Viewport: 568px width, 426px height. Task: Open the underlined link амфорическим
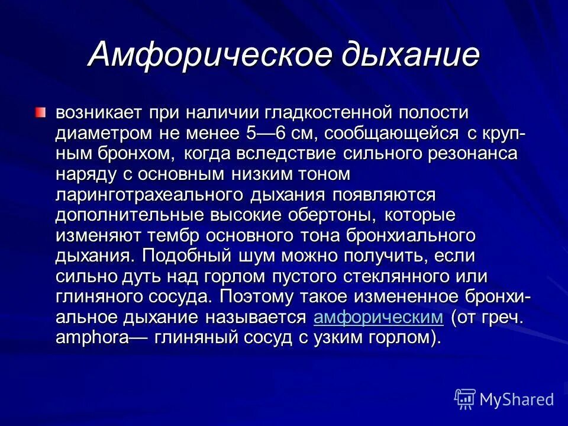click(378, 318)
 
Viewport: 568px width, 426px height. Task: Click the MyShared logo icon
click(464, 399)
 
